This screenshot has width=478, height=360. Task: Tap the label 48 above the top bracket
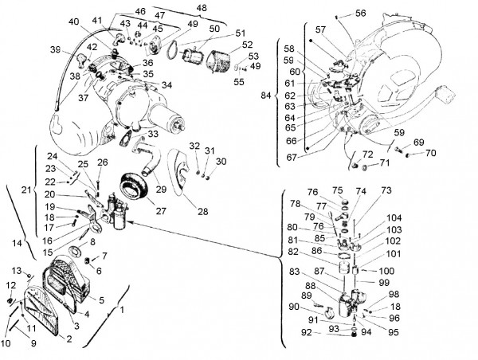(201, 7)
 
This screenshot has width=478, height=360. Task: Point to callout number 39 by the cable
(55, 49)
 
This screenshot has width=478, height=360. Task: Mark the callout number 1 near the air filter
(122, 309)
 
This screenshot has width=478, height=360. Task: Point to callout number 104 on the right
(395, 217)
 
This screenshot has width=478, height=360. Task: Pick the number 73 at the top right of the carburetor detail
(386, 190)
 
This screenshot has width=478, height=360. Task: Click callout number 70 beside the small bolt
(430, 153)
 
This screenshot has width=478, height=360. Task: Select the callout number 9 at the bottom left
(33, 344)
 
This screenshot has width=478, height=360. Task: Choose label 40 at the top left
(74, 22)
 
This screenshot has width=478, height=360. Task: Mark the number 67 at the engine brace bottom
(291, 158)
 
